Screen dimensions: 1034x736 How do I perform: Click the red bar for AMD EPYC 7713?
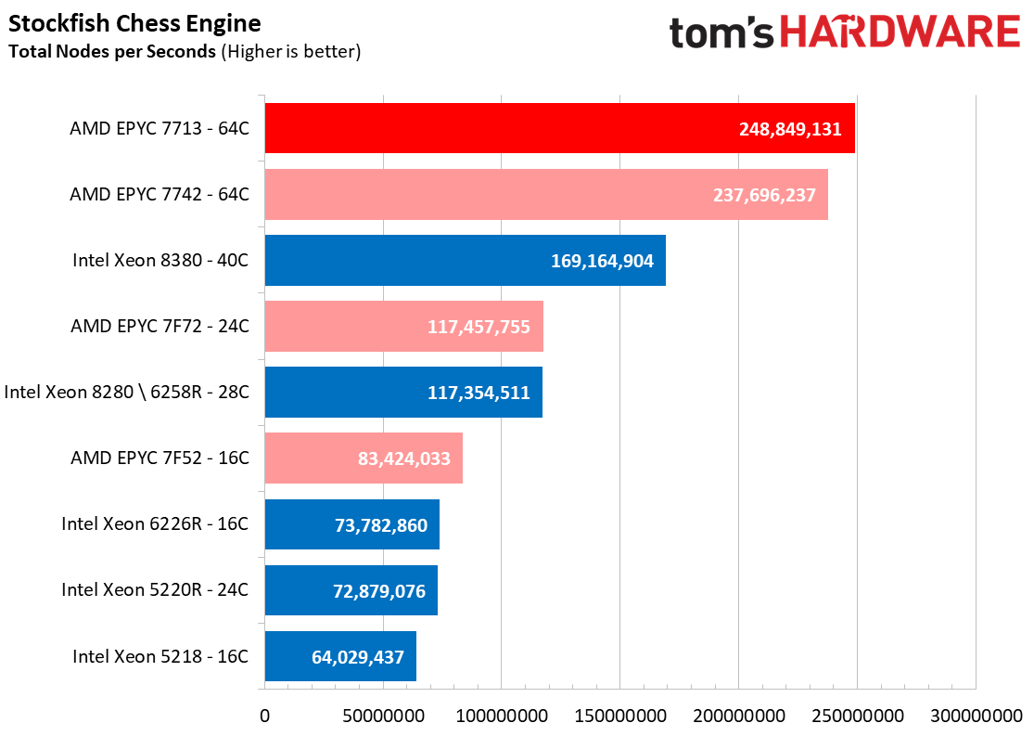click(x=560, y=128)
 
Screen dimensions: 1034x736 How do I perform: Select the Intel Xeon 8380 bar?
click(x=465, y=260)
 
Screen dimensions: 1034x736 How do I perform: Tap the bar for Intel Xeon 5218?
click(x=340, y=656)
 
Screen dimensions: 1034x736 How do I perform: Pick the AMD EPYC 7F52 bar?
click(x=364, y=458)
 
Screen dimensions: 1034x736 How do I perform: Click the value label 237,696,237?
click(x=764, y=195)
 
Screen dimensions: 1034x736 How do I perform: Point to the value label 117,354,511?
click(x=479, y=393)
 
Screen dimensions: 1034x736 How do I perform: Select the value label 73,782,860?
click(x=381, y=524)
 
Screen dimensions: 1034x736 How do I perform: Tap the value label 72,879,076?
click(x=379, y=591)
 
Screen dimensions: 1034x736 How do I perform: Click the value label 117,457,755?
click(x=479, y=327)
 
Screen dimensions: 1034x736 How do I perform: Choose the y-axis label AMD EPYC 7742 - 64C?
click(x=160, y=194)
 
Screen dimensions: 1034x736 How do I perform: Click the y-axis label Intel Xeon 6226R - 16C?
click(x=155, y=523)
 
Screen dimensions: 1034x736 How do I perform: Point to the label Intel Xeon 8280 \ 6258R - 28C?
click(x=127, y=392)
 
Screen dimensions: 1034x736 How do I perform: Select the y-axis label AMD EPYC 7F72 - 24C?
click(x=160, y=326)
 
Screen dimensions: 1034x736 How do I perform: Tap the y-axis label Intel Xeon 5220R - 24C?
click(x=155, y=589)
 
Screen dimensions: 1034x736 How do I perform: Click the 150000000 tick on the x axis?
click(x=620, y=717)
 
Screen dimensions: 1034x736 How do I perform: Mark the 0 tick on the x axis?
click(x=264, y=717)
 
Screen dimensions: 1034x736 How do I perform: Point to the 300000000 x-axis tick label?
click(x=977, y=717)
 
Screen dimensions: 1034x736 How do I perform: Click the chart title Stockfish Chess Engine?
click(x=134, y=23)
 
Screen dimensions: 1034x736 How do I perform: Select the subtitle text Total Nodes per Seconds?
click(x=112, y=51)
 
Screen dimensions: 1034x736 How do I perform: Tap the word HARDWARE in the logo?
click(x=900, y=32)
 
